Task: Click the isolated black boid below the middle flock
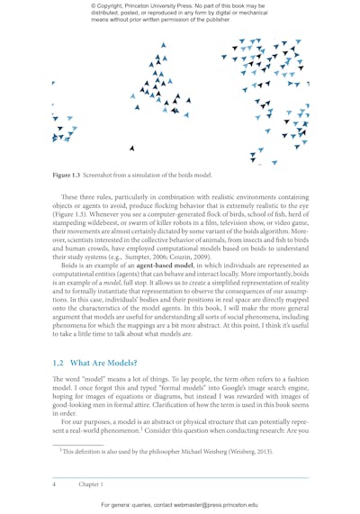point(132,148)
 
